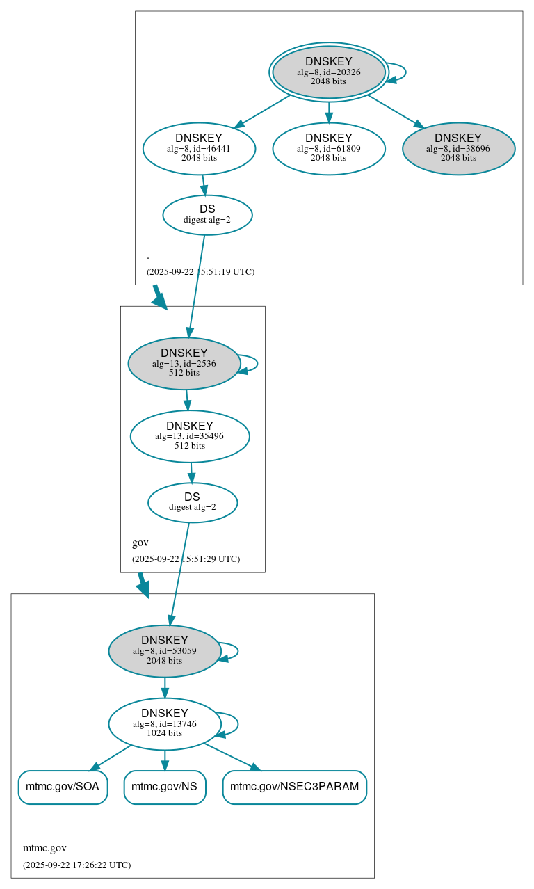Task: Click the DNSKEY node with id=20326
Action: (x=328, y=72)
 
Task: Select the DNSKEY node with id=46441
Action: (x=199, y=148)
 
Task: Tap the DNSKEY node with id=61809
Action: (x=329, y=148)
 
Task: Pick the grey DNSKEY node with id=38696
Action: (x=458, y=148)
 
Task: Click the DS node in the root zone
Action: (x=207, y=215)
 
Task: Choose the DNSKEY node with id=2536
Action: (x=184, y=363)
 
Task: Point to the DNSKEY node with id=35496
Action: (x=190, y=436)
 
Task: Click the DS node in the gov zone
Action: (x=193, y=502)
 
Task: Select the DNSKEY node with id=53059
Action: (x=165, y=650)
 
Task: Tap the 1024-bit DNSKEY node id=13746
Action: (x=165, y=723)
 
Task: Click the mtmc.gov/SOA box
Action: (x=63, y=787)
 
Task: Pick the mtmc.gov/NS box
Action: (x=165, y=787)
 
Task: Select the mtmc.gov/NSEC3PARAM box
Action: (x=294, y=787)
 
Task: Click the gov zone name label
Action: (x=140, y=543)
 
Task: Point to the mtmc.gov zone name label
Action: (x=44, y=848)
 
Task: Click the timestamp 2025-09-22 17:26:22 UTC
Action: (x=76, y=865)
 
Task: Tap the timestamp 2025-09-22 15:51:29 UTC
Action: (x=186, y=559)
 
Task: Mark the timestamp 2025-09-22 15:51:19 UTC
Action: (x=200, y=271)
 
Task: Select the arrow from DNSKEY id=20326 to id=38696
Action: (x=395, y=111)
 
